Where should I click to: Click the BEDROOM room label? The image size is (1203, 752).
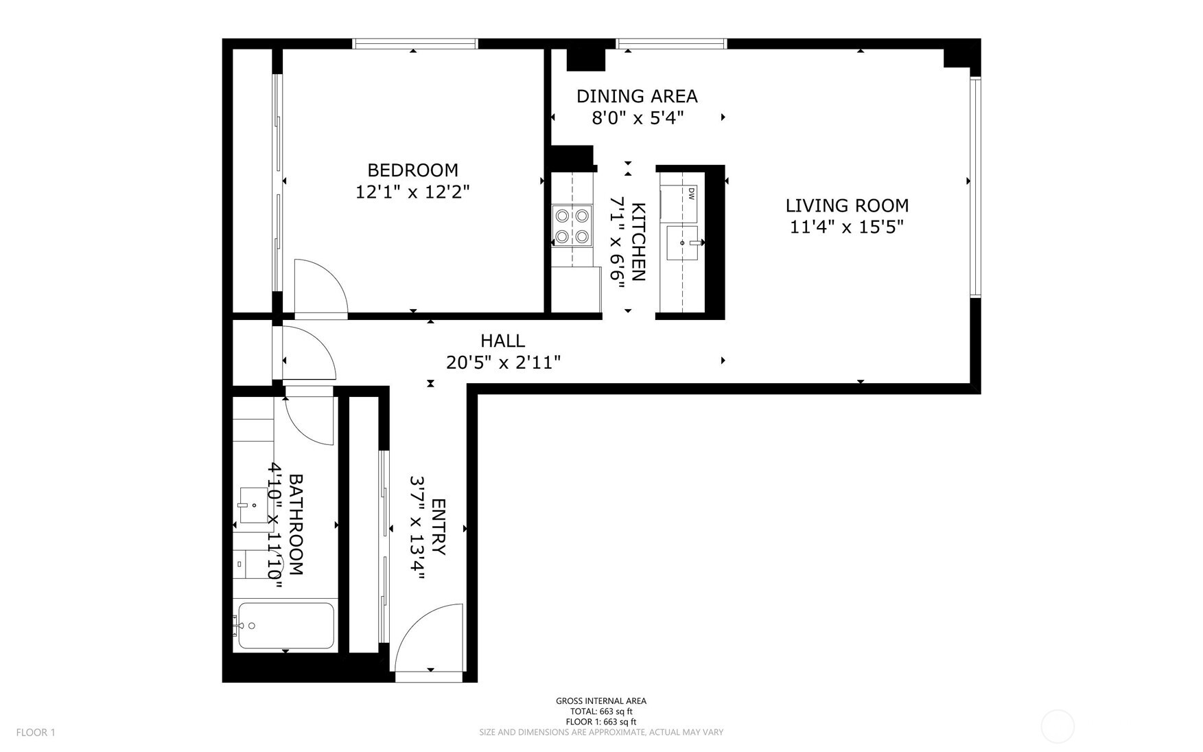pyautogui.click(x=412, y=170)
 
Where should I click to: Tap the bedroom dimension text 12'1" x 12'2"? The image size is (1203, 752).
pyautogui.click(x=412, y=192)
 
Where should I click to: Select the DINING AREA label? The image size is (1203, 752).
pyautogui.click(x=637, y=96)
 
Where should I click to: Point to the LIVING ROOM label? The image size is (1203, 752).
pyautogui.click(x=847, y=205)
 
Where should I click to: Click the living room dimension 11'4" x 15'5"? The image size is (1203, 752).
pyautogui.click(x=846, y=227)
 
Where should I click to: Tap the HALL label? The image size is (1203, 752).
pyautogui.click(x=502, y=341)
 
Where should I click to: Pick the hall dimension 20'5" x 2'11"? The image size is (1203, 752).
pyautogui.click(x=503, y=362)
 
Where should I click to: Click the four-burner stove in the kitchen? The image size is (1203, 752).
pyautogui.click(x=572, y=226)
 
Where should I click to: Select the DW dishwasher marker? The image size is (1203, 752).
pyautogui.click(x=691, y=193)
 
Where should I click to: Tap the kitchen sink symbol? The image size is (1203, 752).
pyautogui.click(x=682, y=242)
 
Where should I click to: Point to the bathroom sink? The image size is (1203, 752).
pyautogui.click(x=253, y=505)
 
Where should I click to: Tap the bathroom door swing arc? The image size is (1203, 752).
pyautogui.click(x=307, y=419)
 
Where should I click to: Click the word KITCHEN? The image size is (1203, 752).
pyautogui.click(x=638, y=242)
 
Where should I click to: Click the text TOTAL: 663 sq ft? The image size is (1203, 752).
pyautogui.click(x=600, y=711)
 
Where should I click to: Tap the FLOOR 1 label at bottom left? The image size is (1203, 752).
pyautogui.click(x=36, y=732)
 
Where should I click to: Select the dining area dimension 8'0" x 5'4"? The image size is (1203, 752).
pyautogui.click(x=638, y=118)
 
